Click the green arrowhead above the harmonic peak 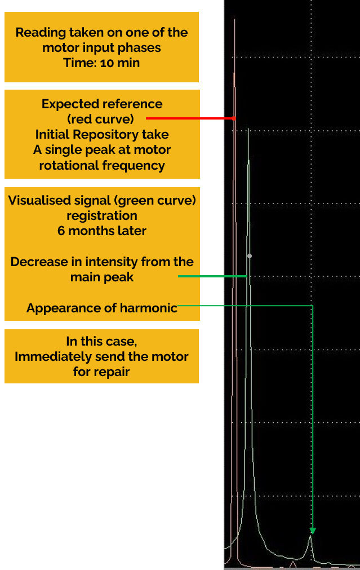313,531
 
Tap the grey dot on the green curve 250,256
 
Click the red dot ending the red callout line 234,118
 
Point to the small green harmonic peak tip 310,536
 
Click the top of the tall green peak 248,129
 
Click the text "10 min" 120,63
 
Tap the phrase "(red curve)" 101,119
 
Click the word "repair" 111,372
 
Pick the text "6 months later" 102,231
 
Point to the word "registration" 102,216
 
